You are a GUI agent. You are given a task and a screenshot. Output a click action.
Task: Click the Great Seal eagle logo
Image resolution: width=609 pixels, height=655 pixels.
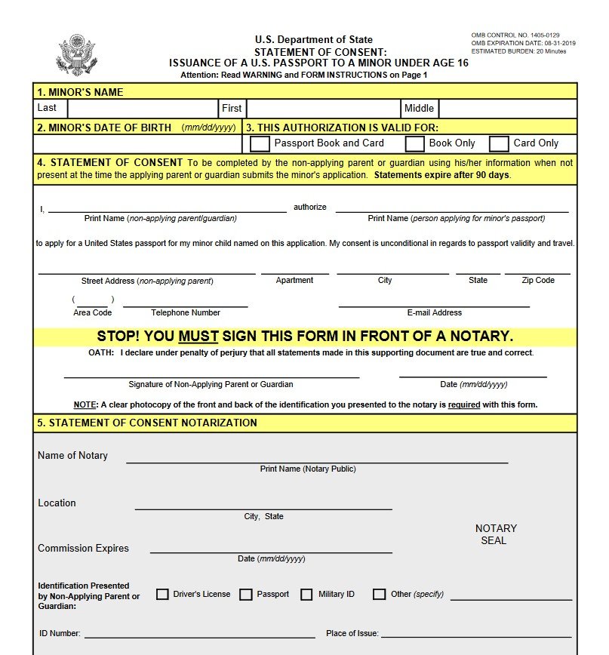76,54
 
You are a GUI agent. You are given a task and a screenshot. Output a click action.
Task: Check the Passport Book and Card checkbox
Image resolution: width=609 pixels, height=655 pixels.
260,143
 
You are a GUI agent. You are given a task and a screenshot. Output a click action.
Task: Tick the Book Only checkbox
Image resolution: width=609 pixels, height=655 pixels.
415,143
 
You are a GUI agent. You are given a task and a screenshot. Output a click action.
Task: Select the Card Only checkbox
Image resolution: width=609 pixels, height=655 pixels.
499,143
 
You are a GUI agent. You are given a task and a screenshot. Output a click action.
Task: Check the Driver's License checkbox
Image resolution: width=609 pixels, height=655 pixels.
162,594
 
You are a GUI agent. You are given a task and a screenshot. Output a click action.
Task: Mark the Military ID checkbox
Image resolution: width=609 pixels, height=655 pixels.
306,594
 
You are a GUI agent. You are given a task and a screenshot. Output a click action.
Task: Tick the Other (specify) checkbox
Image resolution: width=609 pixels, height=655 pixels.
379,594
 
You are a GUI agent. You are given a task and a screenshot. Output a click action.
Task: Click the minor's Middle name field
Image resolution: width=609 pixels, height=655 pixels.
507,109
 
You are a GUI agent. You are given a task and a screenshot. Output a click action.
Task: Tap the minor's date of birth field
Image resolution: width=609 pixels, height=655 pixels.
138,143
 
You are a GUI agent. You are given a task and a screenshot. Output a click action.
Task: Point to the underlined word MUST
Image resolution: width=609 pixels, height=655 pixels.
198,337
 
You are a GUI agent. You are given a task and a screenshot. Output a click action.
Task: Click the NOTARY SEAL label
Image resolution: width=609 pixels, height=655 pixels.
495,534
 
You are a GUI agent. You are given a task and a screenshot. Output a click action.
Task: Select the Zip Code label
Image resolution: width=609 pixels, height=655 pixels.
538,280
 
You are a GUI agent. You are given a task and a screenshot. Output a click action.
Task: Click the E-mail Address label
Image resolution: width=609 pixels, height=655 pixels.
434,312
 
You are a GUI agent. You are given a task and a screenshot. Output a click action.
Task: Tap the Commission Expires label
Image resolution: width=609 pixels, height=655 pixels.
83,549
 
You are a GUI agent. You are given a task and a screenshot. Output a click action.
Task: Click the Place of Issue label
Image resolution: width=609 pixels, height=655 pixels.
352,634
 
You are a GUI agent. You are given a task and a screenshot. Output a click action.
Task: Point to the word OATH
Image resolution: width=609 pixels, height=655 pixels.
101,353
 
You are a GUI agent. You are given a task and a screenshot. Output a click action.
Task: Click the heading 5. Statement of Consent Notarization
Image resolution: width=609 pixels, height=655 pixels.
147,423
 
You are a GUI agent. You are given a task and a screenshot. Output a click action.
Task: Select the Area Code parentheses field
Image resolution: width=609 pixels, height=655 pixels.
93,300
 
